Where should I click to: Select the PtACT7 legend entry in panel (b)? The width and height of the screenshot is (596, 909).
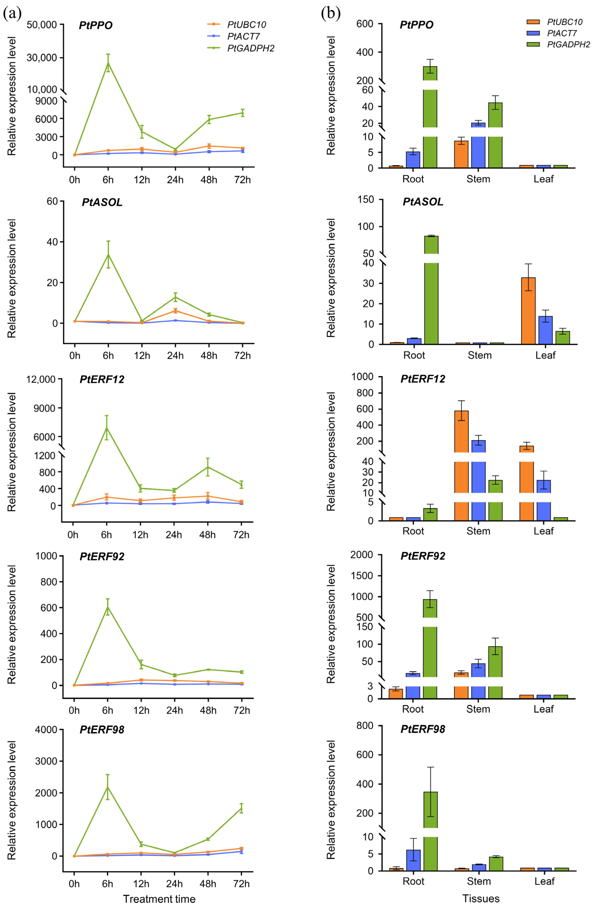click(561, 33)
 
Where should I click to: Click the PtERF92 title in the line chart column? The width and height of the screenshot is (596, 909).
click(102, 556)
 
